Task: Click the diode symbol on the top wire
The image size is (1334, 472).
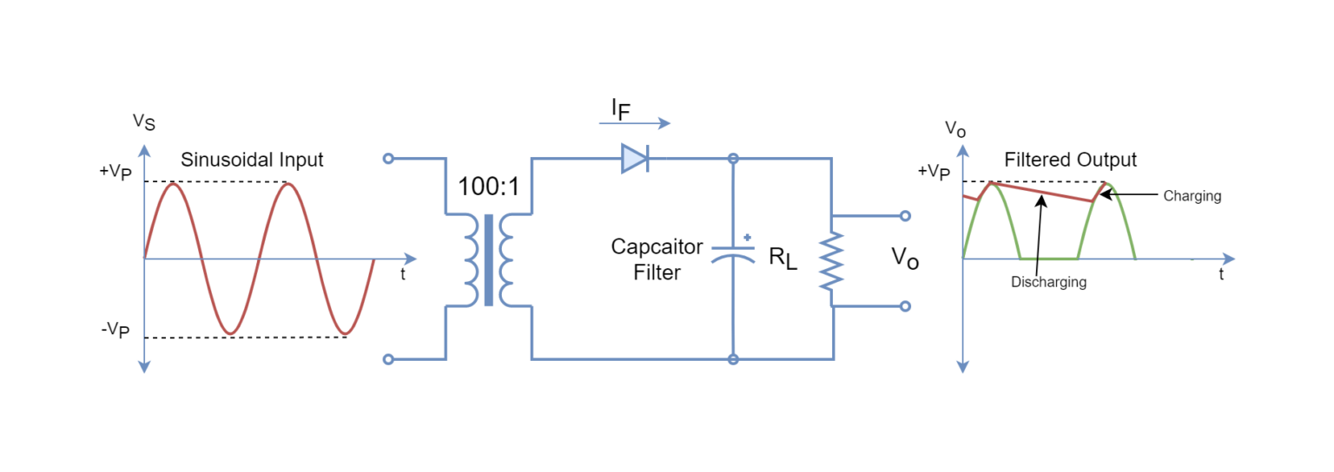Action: click(636, 159)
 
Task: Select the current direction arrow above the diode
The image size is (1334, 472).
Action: click(635, 123)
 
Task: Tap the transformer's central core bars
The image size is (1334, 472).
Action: click(489, 259)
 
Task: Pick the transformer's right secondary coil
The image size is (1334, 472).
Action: click(506, 259)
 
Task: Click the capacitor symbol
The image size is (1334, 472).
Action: click(733, 255)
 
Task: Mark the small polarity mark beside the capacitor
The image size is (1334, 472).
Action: click(747, 237)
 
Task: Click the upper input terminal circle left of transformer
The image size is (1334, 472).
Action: click(388, 159)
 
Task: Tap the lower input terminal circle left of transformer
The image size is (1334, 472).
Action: click(388, 359)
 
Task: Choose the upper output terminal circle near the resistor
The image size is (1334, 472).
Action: click(905, 216)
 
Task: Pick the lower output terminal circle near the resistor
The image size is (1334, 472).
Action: click(905, 305)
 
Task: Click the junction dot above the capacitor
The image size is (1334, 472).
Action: click(733, 159)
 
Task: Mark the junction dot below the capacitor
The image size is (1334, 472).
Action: click(733, 358)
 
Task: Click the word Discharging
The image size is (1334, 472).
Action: click(1048, 282)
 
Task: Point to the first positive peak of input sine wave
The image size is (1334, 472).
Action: click(174, 184)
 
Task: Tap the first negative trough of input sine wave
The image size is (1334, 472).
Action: click(230, 333)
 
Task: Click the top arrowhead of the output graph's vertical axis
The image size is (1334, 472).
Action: click(962, 150)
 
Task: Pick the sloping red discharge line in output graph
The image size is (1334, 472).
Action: click(1042, 193)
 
